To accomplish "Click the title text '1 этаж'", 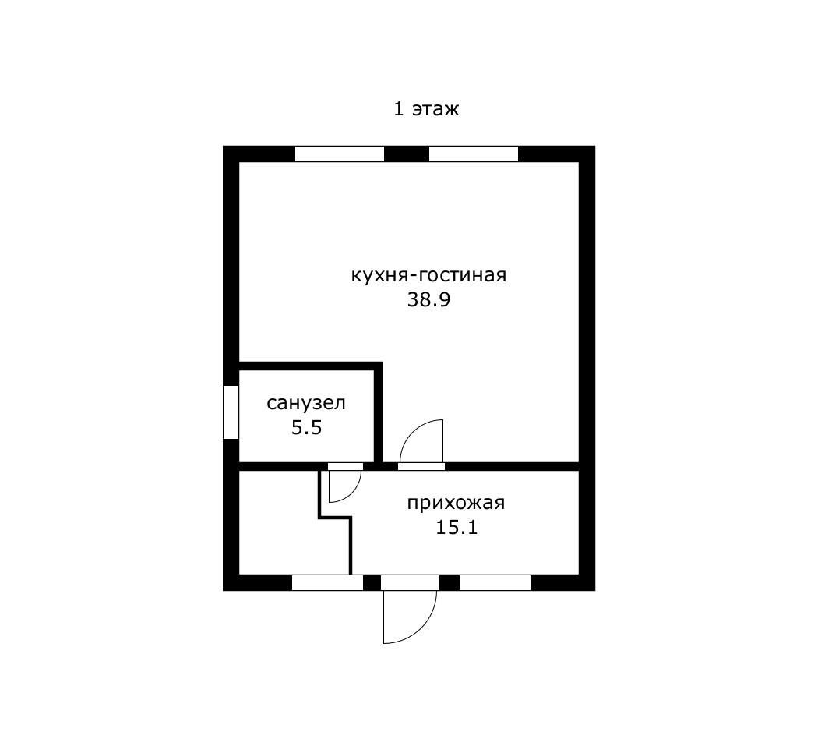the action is point(426,110).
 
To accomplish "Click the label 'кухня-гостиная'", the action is point(428,275).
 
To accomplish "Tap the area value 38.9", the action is point(428,300).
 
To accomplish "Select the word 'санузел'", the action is point(306,404).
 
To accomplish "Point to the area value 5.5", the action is point(306,428).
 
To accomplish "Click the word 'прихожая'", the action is point(456,503).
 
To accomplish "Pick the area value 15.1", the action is point(457,528).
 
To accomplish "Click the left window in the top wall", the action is point(340,154).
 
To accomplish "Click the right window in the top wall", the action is point(474,154).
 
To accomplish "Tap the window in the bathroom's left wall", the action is point(231,412).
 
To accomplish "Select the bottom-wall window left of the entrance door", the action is point(328,582).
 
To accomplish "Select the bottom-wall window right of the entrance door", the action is point(495,582).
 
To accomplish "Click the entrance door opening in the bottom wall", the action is point(410,582).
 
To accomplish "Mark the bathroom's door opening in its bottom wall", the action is point(345,467).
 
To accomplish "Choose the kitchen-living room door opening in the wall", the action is point(421,467).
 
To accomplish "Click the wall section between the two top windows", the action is point(407,154).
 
